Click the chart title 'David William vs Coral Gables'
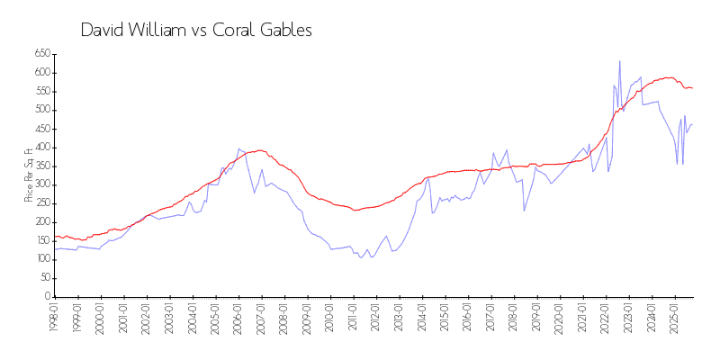pyautogui.click(x=196, y=30)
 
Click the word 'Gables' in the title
pyautogui.click(x=283, y=30)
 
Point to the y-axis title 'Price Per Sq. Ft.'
pyautogui.click(x=29, y=175)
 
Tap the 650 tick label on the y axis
pyautogui.click(x=41, y=54)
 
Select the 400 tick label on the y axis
pyautogui.click(x=41, y=148)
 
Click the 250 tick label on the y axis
pyautogui.click(x=41, y=203)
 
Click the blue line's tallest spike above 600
pyautogui.click(x=619, y=61)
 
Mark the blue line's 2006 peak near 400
pyautogui.click(x=238, y=148)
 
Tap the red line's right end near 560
pyautogui.click(x=692, y=87)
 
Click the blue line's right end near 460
pyautogui.click(x=692, y=125)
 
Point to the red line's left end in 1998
pyautogui.click(x=55, y=237)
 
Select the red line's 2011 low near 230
pyautogui.click(x=355, y=211)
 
